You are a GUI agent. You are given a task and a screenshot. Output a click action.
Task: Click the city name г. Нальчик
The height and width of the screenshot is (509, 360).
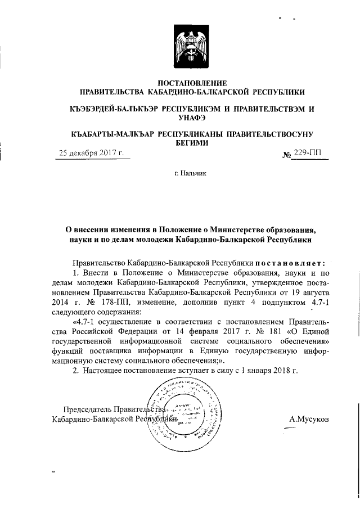(190, 175)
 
